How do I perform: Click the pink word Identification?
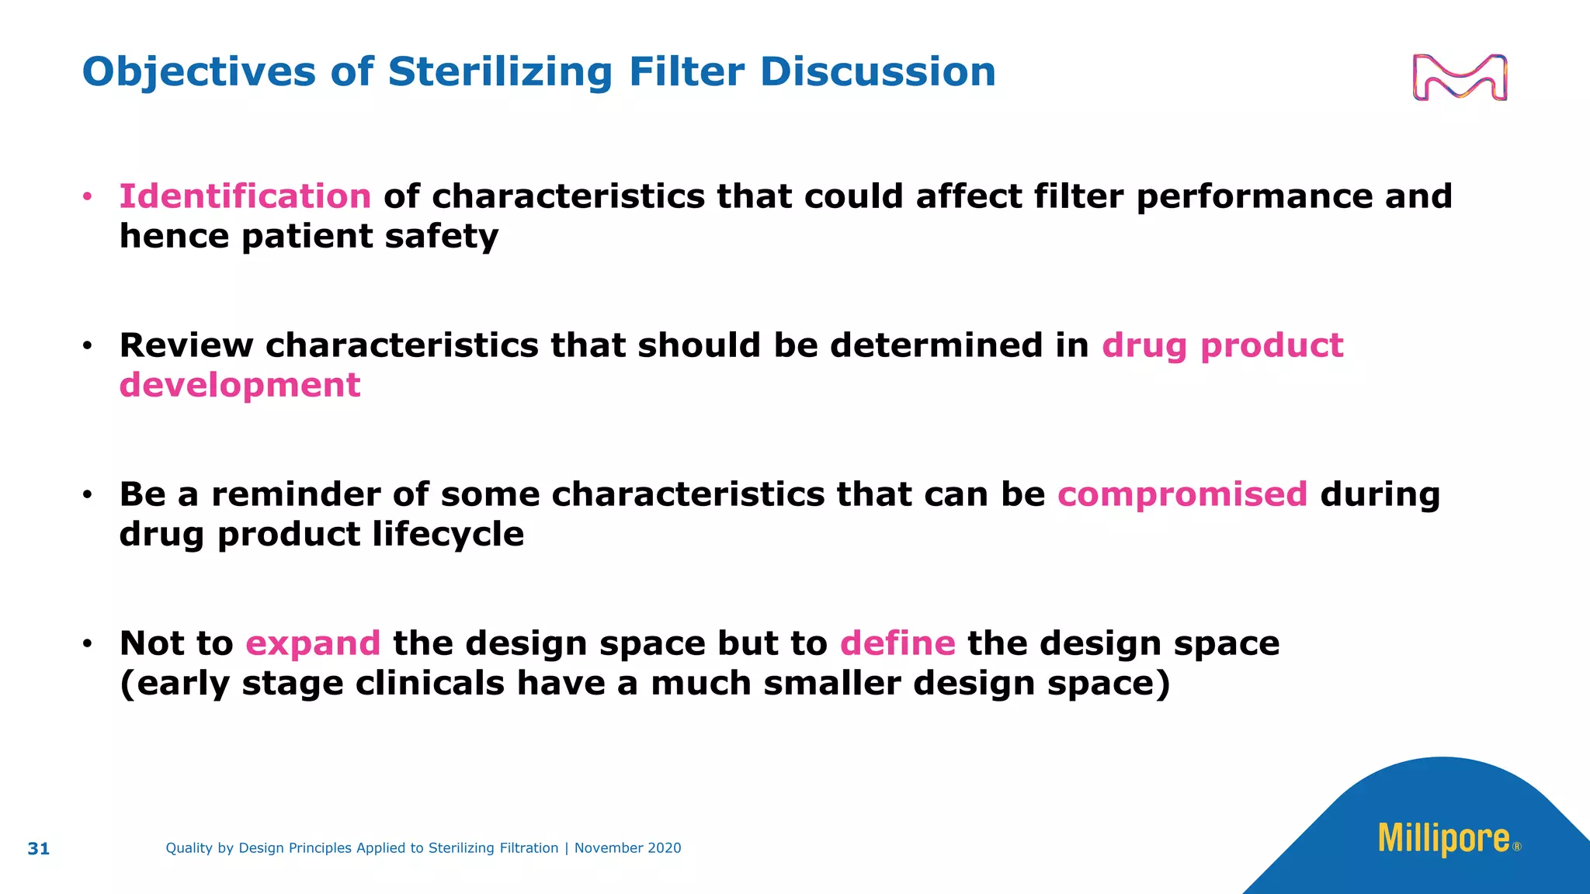(245, 196)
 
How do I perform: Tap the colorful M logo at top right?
(1460, 78)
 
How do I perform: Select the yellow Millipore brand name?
(1444, 839)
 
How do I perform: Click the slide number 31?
(39, 849)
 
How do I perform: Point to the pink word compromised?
(1182, 494)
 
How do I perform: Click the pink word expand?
(313, 643)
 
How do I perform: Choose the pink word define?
(897, 643)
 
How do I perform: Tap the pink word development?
(240, 385)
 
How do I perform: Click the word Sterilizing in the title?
(501, 72)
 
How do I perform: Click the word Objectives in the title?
(199, 72)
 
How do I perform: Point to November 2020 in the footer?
(627, 848)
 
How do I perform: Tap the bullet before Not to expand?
(88, 643)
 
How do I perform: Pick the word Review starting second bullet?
(186, 345)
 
